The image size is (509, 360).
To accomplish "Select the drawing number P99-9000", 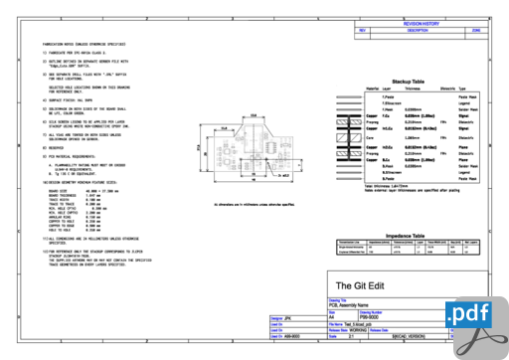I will click(399, 315).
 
